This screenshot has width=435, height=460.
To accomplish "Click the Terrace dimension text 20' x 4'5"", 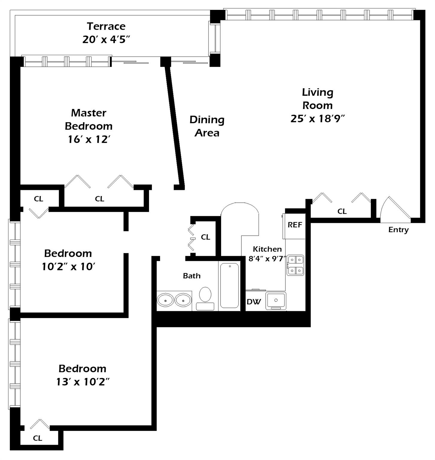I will (106, 40).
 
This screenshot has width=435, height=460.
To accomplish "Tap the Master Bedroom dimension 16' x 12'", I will (89, 139).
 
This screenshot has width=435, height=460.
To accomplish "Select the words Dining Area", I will (207, 126).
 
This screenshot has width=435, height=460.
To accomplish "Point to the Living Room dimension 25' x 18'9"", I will (317, 119).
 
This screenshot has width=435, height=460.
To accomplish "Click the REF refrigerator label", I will (295, 225).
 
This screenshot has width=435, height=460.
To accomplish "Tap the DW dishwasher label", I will (254, 302).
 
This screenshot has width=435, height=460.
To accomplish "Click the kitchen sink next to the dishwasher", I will (276, 300).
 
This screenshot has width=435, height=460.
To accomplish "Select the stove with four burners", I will (295, 265).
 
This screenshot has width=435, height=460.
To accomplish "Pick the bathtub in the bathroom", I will (229, 285).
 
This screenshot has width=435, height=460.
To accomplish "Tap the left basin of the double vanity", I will (165, 300).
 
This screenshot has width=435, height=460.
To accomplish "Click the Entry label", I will (398, 230).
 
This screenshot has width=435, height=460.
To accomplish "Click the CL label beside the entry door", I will (342, 211).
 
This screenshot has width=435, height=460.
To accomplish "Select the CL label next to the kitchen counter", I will (206, 237).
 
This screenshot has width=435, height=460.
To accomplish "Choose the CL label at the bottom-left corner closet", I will (38, 438).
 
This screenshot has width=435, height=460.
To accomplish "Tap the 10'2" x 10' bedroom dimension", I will (69, 267).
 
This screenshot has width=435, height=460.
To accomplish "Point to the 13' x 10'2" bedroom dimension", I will (83, 382).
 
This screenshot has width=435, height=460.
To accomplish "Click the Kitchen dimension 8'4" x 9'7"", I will (267, 258).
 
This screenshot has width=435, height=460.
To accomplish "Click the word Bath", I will (192, 276).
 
